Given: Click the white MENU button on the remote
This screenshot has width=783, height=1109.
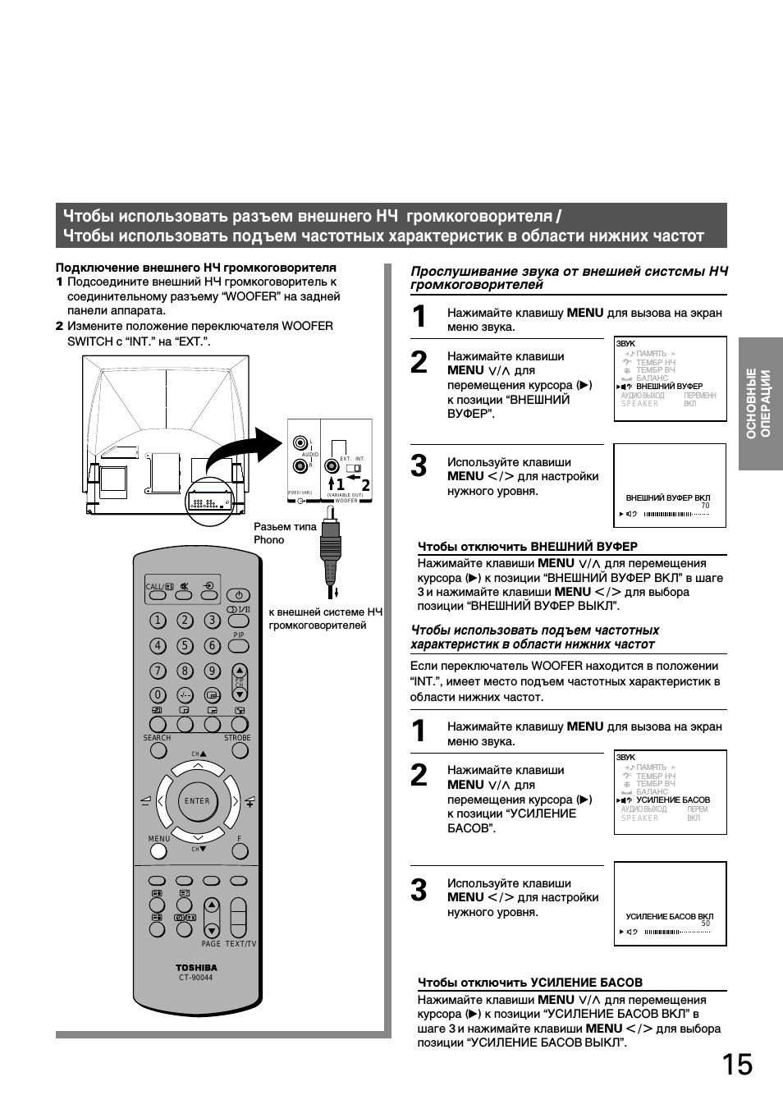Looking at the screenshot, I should [158, 850].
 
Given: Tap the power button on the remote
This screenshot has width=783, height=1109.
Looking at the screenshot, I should [238, 595].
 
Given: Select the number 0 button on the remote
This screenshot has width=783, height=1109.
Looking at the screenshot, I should [158, 695].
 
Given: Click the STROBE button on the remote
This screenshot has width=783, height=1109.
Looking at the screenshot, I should [238, 725].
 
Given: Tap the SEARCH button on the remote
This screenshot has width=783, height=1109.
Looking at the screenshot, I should [158, 725].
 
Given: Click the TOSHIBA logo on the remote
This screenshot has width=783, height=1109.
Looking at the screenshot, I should [196, 968].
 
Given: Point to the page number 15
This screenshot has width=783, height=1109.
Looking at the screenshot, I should [737, 1065].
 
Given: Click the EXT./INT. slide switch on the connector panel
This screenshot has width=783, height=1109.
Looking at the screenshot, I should [354, 468].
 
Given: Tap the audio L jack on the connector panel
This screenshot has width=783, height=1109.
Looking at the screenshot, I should [301, 442].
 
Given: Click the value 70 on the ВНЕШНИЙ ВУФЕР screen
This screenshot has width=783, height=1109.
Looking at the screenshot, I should [705, 506].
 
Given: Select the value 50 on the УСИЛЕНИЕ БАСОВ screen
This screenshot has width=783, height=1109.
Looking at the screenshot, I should [705, 923].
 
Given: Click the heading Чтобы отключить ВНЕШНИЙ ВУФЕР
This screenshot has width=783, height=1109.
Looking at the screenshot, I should [528, 547].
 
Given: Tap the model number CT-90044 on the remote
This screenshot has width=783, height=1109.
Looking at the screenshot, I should [196, 978].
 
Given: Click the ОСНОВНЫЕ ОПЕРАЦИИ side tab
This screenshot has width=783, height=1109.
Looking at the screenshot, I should [760, 404].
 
